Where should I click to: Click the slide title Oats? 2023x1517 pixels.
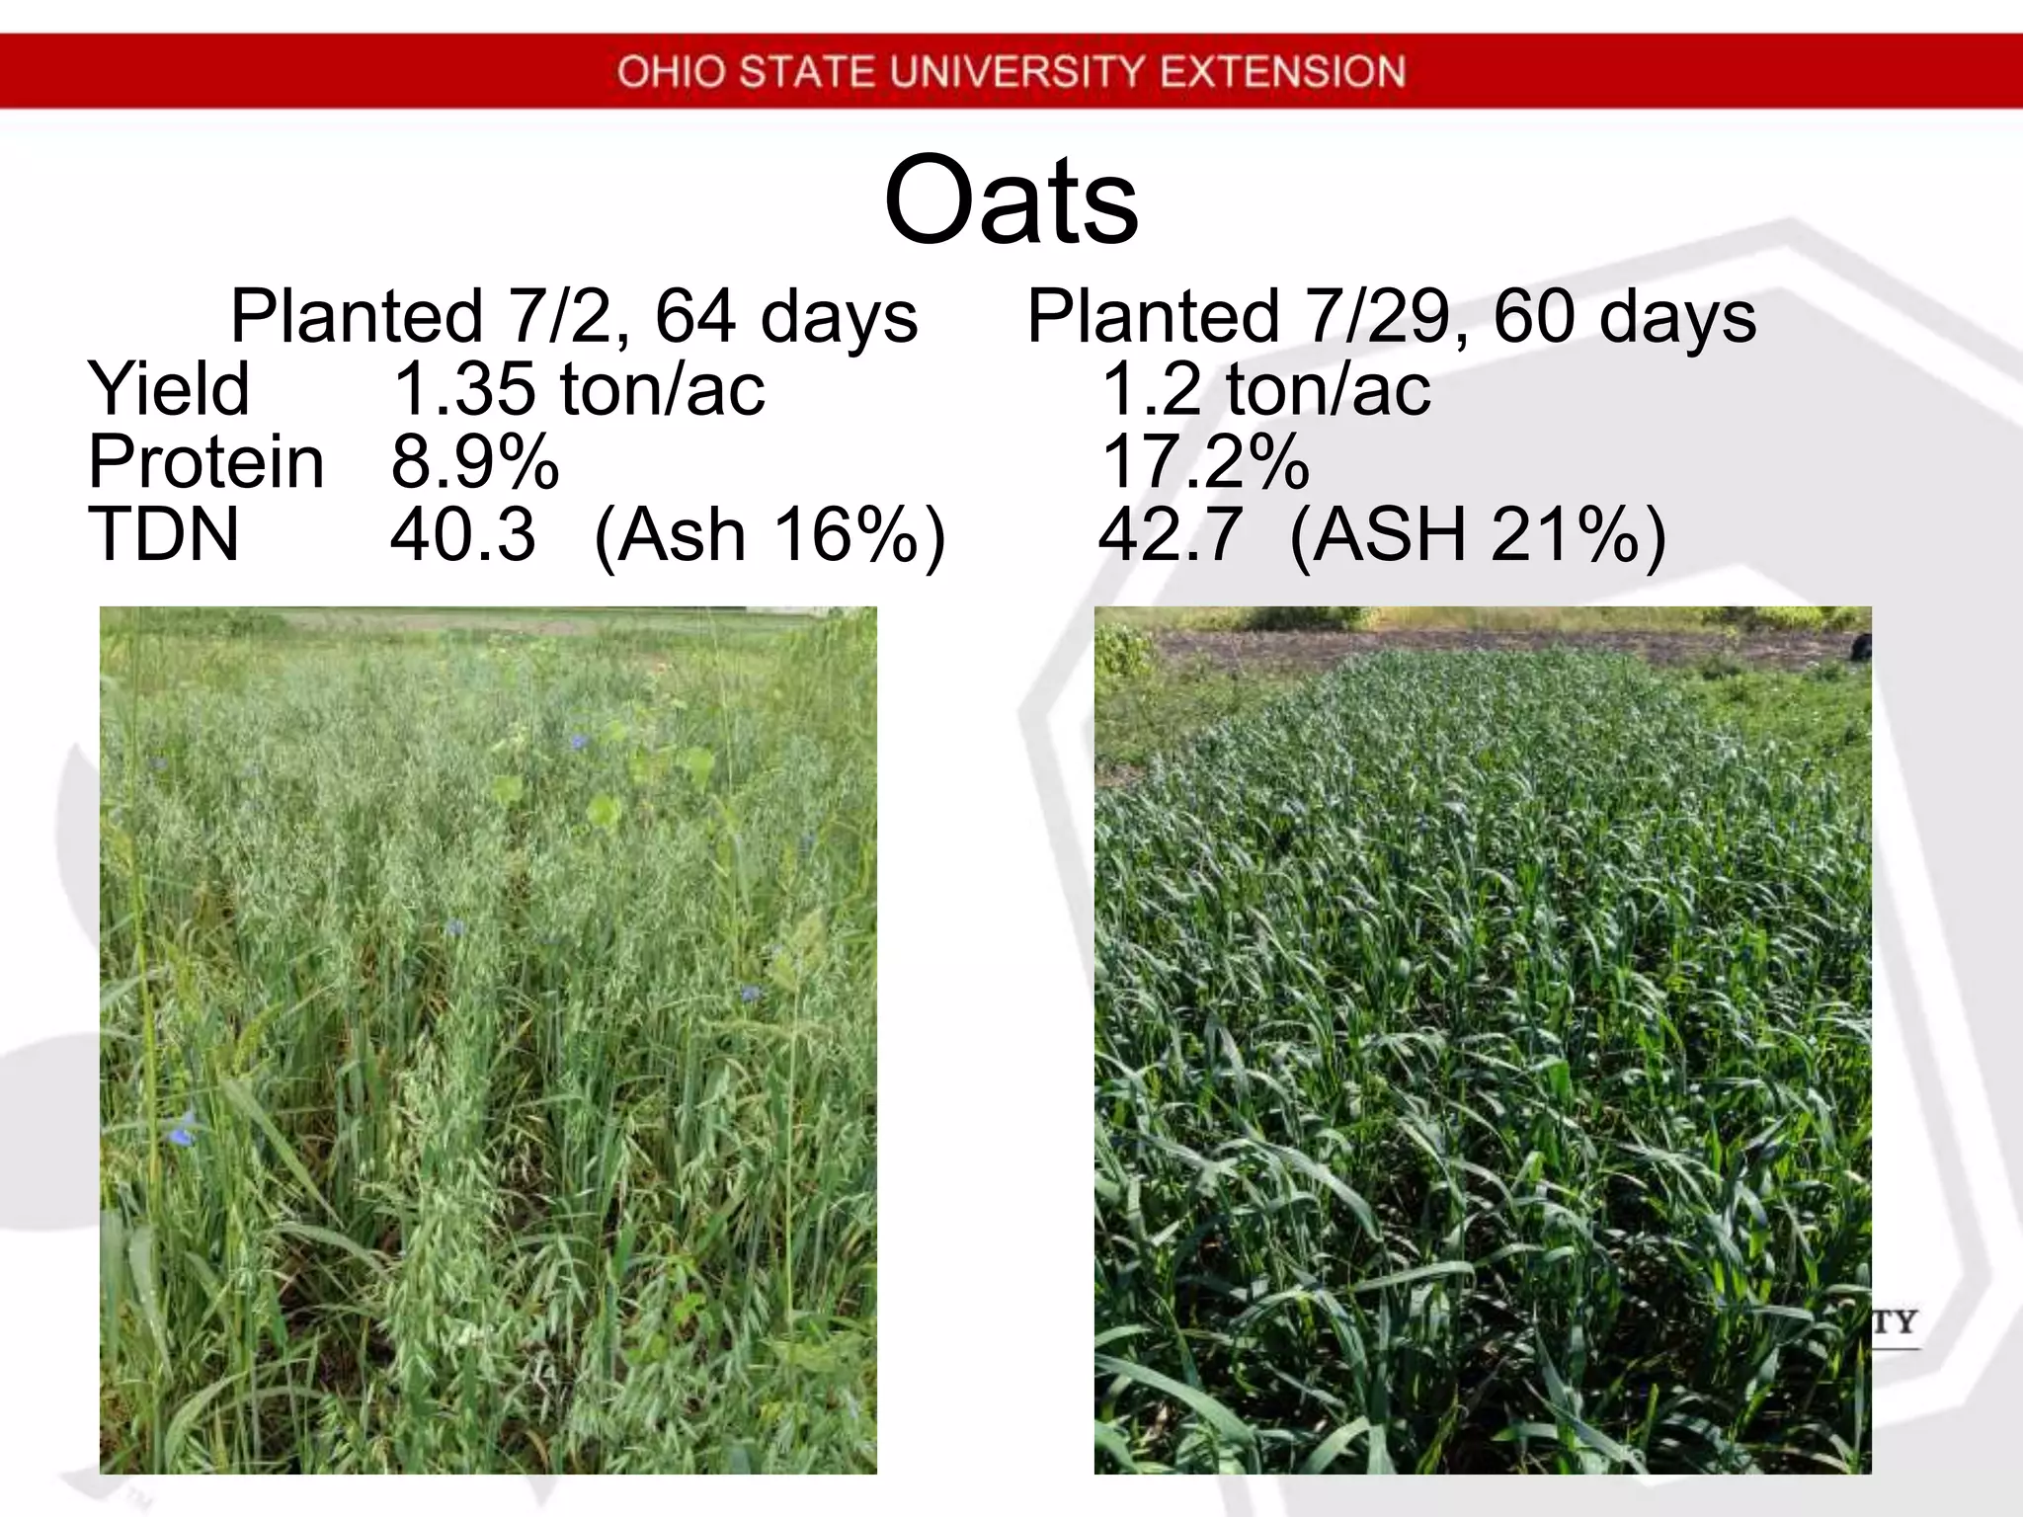coord(1011,200)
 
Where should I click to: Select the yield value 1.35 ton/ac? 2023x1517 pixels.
coord(578,388)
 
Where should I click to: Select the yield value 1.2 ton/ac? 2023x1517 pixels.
coord(1264,388)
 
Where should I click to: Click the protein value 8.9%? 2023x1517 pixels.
coord(475,461)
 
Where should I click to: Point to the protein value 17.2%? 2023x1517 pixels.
coord(1204,461)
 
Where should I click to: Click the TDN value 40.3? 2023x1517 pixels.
coord(463,534)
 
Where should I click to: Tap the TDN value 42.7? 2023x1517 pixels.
coord(1170,534)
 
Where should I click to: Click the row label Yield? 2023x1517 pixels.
coord(169,388)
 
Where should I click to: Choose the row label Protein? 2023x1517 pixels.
coord(205,461)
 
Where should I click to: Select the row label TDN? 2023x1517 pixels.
coord(164,534)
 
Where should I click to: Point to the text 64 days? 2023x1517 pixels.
coord(786,317)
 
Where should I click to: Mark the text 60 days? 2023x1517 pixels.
coord(1624,317)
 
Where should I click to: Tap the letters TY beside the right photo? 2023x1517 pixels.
coord(1894,1322)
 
